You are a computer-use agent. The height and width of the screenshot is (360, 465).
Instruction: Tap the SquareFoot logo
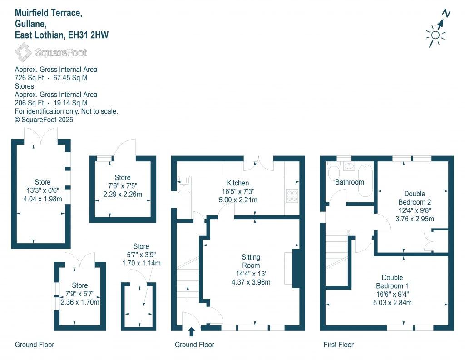click(51, 53)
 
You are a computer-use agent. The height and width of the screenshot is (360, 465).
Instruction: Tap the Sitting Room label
click(251, 261)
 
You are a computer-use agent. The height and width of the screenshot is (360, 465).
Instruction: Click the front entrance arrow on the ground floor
click(191, 332)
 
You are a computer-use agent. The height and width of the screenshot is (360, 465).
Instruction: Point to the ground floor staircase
click(187, 286)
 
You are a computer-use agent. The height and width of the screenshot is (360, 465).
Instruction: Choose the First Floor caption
click(338, 345)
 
